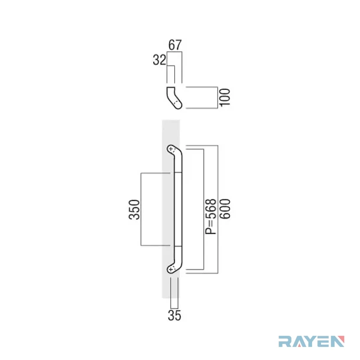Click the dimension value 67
(175, 45)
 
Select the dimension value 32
(160, 60)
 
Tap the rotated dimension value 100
(225, 98)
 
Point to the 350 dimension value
(134, 210)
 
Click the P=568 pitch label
(211, 216)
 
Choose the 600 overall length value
(225, 209)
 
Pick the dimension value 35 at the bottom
(174, 315)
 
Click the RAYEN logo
(312, 341)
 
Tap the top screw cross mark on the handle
(171, 149)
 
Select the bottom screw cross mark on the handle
(171, 269)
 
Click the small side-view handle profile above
(174, 98)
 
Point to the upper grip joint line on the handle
(178, 172)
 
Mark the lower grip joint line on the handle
(178, 247)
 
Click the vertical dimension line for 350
(141, 209)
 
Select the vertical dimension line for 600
(218, 209)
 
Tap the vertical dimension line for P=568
(204, 209)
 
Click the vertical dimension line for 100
(218, 98)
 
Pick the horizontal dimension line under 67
(174, 52)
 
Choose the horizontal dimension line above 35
(174, 308)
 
